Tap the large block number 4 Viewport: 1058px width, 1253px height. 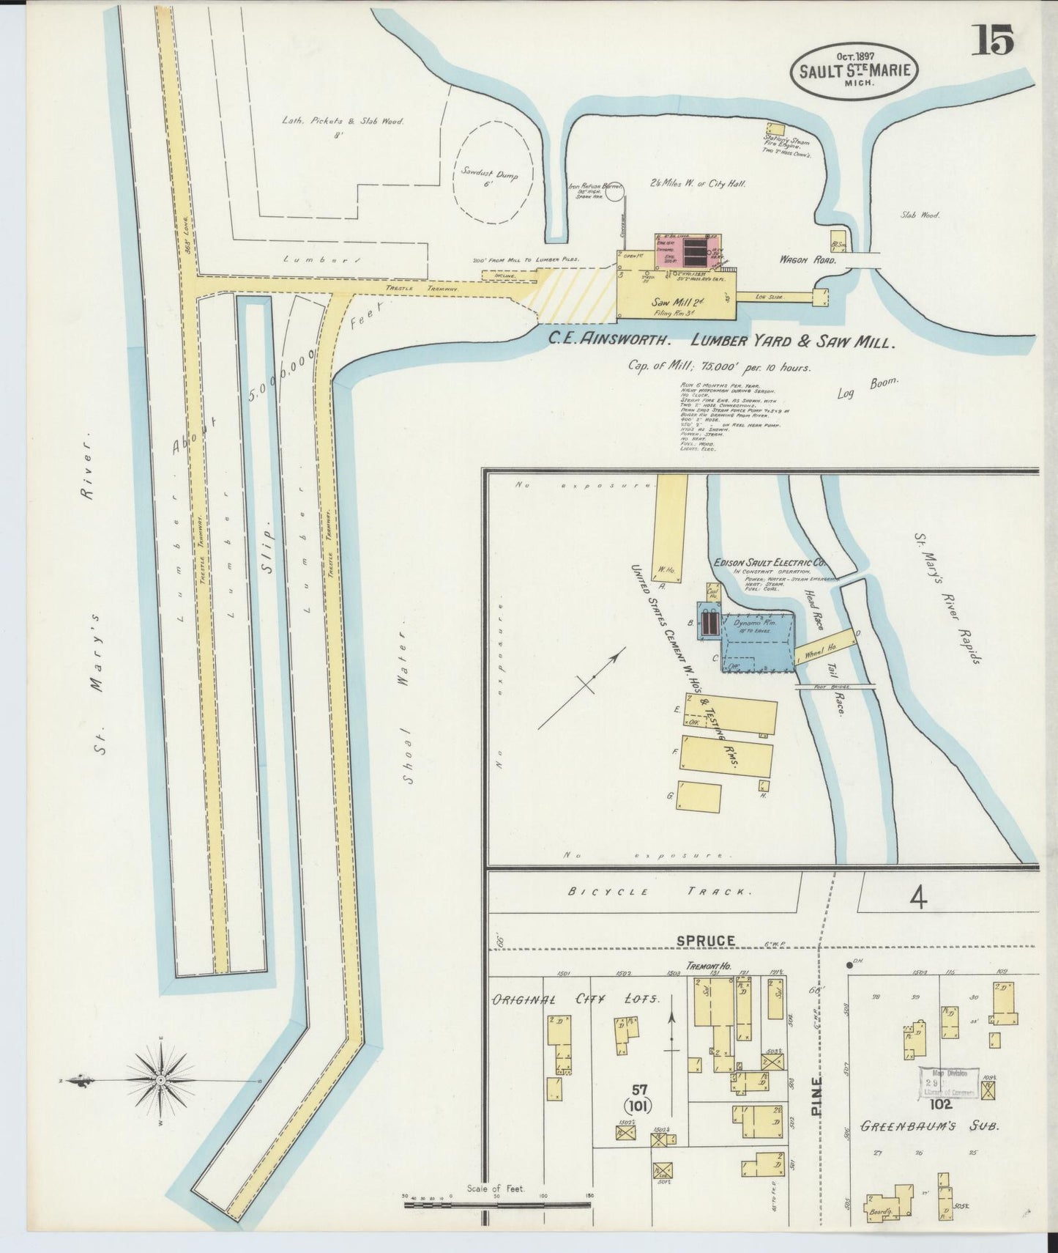[x=917, y=898]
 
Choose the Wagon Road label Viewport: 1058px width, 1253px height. [x=803, y=258]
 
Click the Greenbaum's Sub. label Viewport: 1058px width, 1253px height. [x=930, y=1126]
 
